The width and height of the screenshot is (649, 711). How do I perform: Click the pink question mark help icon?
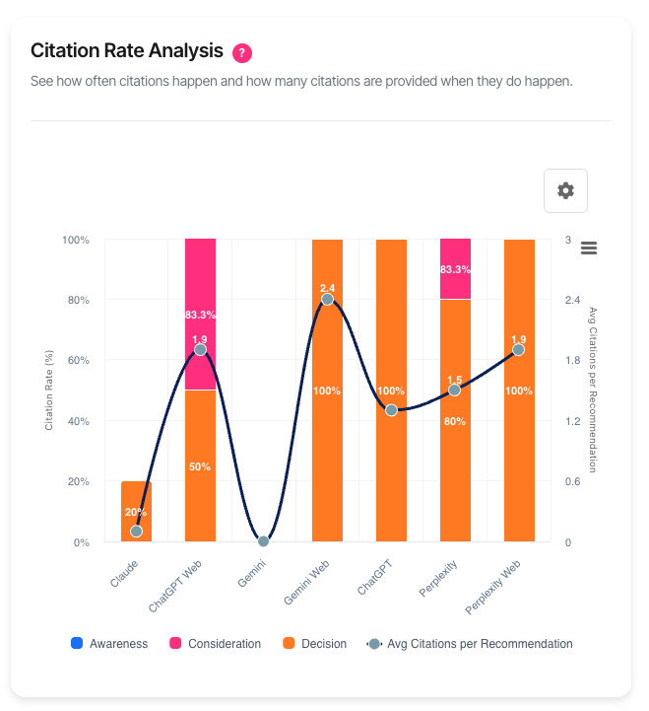(242, 52)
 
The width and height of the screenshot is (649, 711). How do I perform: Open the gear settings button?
(565, 190)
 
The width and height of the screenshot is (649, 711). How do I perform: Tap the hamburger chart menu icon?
(589, 248)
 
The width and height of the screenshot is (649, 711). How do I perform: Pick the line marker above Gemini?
(263, 541)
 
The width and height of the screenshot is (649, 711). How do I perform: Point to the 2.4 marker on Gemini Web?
(327, 299)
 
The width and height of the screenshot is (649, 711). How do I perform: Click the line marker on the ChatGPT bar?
(391, 409)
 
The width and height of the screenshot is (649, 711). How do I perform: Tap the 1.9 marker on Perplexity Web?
(518, 349)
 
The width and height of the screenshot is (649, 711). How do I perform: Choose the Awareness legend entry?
(109, 644)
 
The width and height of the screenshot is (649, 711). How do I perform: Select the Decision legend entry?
(314, 644)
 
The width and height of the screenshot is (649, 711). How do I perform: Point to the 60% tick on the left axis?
(76, 360)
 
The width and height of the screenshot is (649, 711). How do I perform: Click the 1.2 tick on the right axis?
(572, 421)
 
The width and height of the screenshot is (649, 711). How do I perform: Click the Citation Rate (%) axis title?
(49, 391)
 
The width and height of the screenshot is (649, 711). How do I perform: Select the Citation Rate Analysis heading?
(126, 51)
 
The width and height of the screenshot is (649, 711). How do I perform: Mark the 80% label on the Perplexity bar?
(455, 420)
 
